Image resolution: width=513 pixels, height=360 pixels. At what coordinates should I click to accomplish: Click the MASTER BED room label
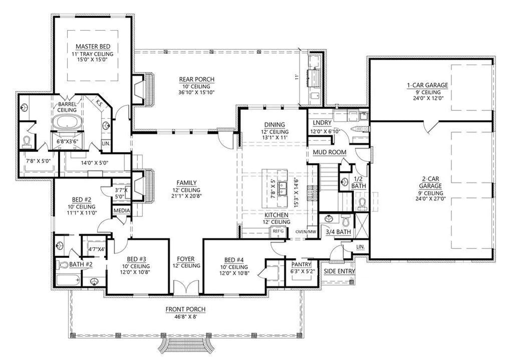(93, 47)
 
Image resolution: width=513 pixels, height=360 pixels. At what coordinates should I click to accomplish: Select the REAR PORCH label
(196, 79)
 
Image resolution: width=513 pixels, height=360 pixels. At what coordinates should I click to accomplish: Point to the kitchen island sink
(282, 189)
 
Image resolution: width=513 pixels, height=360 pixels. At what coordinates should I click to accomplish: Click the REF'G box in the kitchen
(276, 231)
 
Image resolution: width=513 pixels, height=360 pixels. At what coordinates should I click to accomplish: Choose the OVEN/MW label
(306, 232)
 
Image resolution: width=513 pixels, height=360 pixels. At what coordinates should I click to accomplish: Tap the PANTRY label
(301, 264)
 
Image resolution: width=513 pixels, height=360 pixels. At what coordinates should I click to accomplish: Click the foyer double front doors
(186, 288)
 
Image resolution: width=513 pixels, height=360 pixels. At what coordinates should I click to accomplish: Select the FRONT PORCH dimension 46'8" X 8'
(186, 316)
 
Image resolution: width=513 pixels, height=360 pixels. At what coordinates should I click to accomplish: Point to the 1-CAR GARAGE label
(428, 85)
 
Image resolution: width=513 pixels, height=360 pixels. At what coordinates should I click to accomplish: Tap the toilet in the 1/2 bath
(362, 204)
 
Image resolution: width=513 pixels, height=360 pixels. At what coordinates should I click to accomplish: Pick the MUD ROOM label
(330, 152)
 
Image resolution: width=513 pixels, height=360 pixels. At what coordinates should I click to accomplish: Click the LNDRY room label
(322, 122)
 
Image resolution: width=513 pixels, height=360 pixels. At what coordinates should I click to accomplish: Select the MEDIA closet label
(122, 210)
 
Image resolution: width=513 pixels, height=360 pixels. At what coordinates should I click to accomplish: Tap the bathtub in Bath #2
(68, 281)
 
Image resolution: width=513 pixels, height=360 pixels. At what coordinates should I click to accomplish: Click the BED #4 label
(234, 260)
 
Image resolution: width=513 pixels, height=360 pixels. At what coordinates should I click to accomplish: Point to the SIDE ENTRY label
(339, 271)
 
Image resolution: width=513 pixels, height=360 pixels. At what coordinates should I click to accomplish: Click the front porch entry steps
(186, 347)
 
